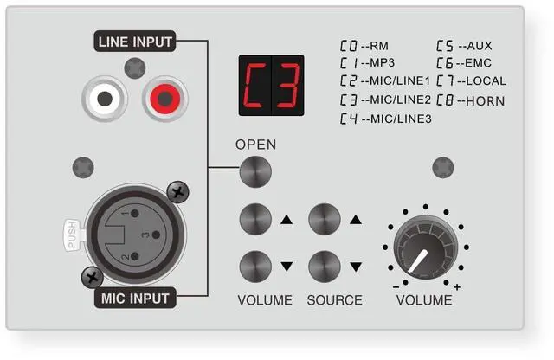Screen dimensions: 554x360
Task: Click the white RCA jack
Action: coord(105,100)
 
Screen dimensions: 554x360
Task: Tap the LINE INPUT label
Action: coord(136,41)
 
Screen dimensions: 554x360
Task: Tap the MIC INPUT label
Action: coord(134,299)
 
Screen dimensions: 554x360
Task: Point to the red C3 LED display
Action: coord(271,86)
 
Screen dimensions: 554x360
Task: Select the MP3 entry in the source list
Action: coord(367,63)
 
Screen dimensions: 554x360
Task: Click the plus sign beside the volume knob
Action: coord(457,286)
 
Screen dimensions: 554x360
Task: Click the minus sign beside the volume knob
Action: coord(396,286)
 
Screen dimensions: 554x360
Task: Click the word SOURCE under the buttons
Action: coord(334,300)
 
